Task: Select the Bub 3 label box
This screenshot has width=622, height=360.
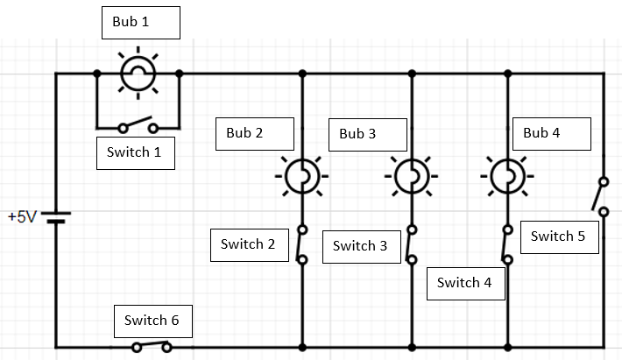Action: click(368, 134)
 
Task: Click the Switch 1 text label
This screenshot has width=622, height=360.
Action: click(136, 152)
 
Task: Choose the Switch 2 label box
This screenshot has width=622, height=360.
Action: click(249, 244)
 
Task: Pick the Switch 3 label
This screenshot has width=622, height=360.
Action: click(360, 246)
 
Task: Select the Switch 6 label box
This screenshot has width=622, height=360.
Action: click(152, 321)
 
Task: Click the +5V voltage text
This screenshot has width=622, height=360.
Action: click(21, 216)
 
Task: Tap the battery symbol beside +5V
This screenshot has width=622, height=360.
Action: click(57, 216)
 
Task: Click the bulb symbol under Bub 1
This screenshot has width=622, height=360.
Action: click(138, 74)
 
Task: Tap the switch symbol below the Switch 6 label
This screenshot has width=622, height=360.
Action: click(152, 346)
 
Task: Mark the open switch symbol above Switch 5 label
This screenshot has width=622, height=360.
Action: click(602, 195)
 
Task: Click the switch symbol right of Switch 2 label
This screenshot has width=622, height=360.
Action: click(302, 244)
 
